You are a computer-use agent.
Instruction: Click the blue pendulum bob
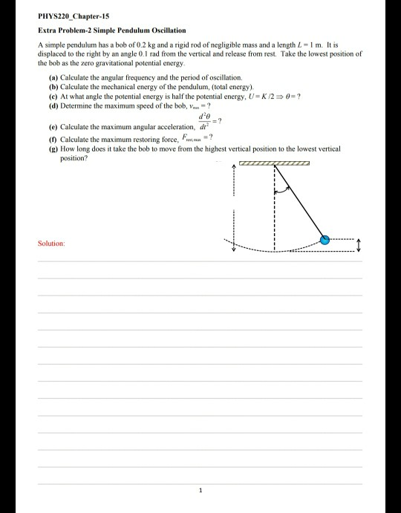click(x=325, y=239)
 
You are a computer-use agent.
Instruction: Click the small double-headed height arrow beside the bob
click(x=359, y=244)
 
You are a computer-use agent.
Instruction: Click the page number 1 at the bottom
click(x=200, y=490)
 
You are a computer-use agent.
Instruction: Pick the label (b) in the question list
click(x=53, y=85)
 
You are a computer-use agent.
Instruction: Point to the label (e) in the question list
click(x=53, y=126)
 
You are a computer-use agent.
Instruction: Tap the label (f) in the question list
click(x=53, y=140)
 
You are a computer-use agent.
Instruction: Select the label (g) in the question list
click(x=53, y=149)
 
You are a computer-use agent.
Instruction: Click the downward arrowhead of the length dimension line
click(x=234, y=249)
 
